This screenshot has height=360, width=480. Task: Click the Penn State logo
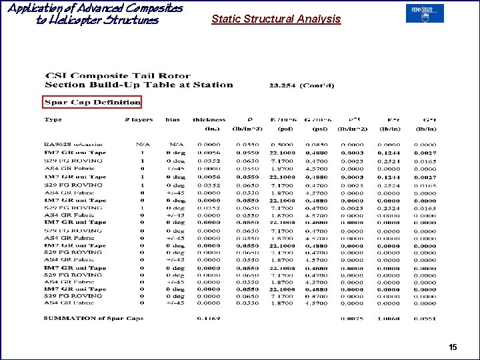point(425,13)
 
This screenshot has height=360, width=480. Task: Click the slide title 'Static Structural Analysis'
point(276,19)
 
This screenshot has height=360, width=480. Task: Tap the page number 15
point(453,347)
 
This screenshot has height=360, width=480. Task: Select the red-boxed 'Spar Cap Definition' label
point(92,102)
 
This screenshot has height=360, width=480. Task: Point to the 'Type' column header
point(53,120)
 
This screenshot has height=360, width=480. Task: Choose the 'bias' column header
point(173,120)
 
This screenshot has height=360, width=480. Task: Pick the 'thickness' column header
point(209,120)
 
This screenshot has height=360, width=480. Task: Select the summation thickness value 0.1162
point(209,319)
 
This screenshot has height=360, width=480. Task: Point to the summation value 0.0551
point(426,319)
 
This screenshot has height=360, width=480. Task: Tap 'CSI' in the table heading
point(53,75)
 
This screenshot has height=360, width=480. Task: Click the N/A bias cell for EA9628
point(176,144)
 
